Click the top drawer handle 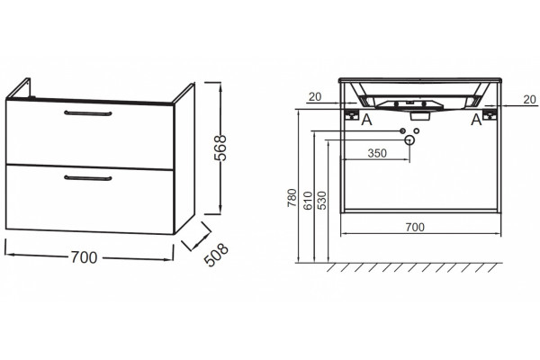pos(88,113)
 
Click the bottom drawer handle pos(88,178)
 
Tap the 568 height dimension pos(220,148)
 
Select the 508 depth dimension pos(216,255)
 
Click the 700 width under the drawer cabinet pos(84,257)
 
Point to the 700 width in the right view pos(415,227)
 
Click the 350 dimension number pos(377,153)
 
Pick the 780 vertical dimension pos(292,197)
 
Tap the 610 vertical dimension pos(308,200)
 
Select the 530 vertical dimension pos(322,200)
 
